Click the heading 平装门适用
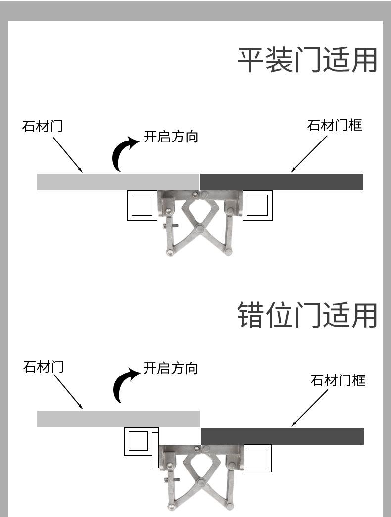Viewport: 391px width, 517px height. click(x=307, y=60)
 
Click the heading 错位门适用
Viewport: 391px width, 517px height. click(x=307, y=315)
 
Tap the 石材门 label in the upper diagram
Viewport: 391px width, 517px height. click(x=42, y=126)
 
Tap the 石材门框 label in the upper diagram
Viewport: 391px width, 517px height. click(x=335, y=125)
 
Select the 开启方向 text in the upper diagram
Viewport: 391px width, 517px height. click(x=171, y=137)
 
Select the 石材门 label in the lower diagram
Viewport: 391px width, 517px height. click(x=43, y=367)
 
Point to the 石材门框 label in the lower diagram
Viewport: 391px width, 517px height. click(x=338, y=380)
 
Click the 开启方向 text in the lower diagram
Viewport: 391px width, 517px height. click(x=171, y=368)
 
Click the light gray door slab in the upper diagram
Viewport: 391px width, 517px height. click(x=118, y=182)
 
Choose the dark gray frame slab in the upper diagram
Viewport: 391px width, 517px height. click(x=282, y=182)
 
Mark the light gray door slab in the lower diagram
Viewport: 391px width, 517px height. click(x=118, y=419)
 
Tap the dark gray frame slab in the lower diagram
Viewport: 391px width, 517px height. click(x=283, y=436)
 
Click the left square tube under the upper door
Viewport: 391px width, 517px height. click(x=142, y=205)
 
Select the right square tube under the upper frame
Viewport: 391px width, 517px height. click(x=258, y=205)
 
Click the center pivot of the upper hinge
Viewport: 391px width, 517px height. click(x=199, y=228)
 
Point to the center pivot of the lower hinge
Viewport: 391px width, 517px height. click(x=199, y=483)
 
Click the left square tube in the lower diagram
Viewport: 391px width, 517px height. click(x=138, y=441)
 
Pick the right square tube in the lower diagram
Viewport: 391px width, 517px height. click(x=257, y=458)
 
